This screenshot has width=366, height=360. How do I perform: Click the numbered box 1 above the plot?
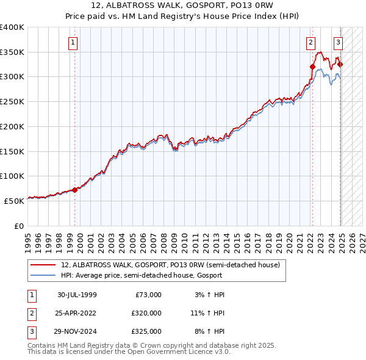tap(73, 43)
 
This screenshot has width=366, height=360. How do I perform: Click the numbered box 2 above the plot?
tap(310, 43)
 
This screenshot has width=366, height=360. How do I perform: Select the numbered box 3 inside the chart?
tap(338, 43)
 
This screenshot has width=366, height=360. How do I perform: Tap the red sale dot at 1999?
tap(75, 190)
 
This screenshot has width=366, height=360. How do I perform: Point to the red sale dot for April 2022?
tap(312, 67)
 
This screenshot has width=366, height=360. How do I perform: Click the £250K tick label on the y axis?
tap(12, 102)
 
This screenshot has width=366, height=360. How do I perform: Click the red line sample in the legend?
tap(43, 265)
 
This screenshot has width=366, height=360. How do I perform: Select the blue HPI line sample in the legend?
tap(43, 275)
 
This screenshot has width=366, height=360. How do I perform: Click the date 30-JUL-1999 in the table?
tap(77, 295)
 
